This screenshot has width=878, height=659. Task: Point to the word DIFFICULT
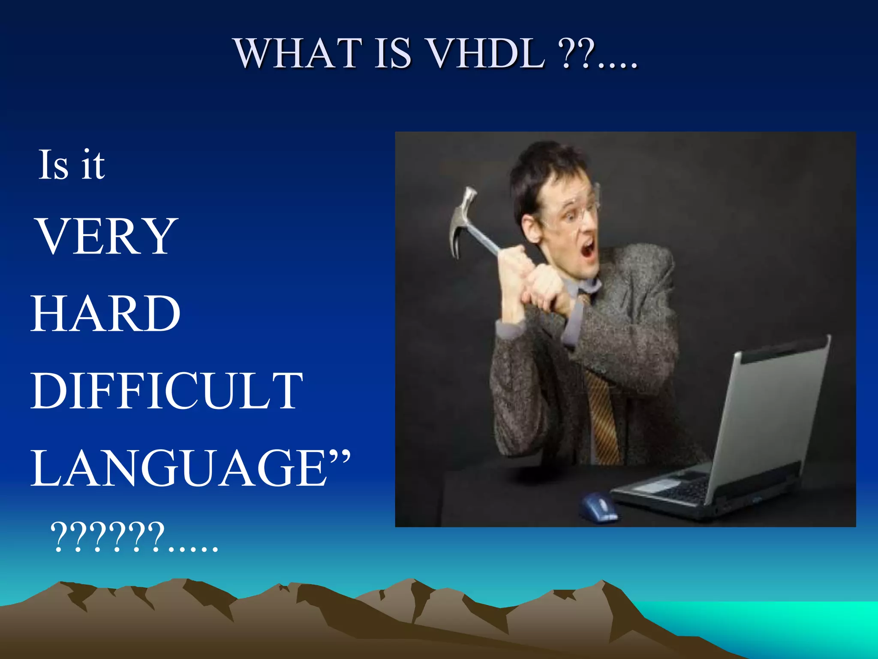click(x=167, y=391)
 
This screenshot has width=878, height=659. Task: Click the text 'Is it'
click(x=72, y=165)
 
